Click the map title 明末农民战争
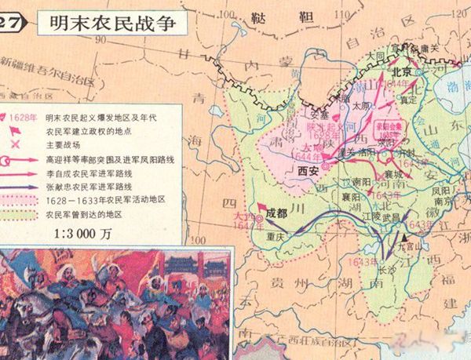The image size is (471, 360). (x=99, y=22)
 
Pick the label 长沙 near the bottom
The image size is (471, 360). (x=386, y=269)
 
